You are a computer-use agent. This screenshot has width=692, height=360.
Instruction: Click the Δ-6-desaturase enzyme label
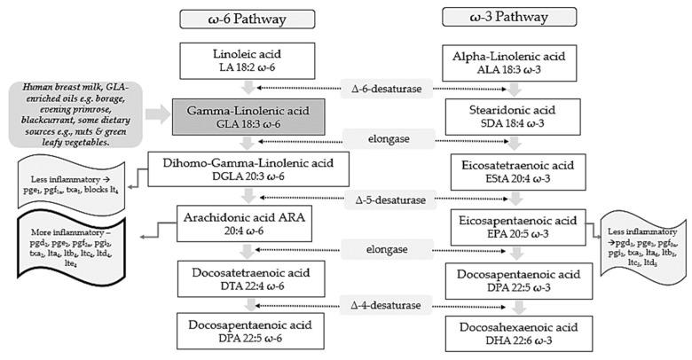[x=387, y=88]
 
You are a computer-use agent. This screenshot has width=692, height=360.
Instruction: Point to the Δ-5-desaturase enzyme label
[x=387, y=197]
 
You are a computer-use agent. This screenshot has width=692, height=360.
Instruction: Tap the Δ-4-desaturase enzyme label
[x=387, y=307]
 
